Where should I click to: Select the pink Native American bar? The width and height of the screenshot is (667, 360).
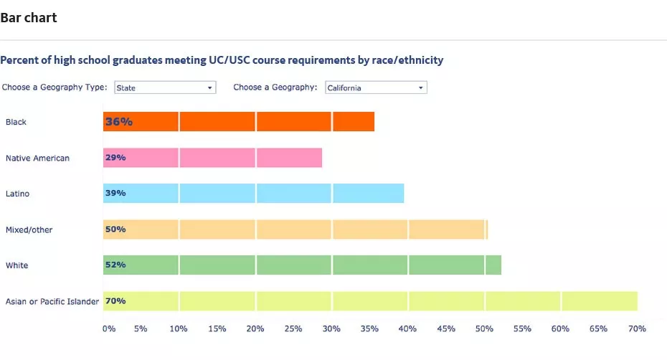click(215, 158)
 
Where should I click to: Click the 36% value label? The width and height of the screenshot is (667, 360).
click(119, 122)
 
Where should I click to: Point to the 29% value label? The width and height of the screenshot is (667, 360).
click(115, 158)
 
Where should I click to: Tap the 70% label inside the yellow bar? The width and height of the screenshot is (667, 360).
click(115, 301)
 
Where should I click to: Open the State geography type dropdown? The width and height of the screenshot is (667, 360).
click(165, 87)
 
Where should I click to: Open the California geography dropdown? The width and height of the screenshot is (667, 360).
click(376, 87)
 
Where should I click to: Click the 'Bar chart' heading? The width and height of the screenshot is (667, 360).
click(29, 18)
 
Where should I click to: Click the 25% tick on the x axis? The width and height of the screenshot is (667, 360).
click(293, 329)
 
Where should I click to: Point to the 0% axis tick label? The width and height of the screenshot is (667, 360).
click(108, 329)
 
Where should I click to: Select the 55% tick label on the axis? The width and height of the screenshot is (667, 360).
click(521, 329)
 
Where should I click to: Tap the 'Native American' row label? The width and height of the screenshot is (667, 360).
click(37, 158)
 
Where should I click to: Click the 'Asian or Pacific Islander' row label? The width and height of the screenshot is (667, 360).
click(52, 301)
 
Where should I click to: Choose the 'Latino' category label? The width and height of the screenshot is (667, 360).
click(18, 194)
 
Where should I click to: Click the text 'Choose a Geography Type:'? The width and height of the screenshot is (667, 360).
click(55, 87)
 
